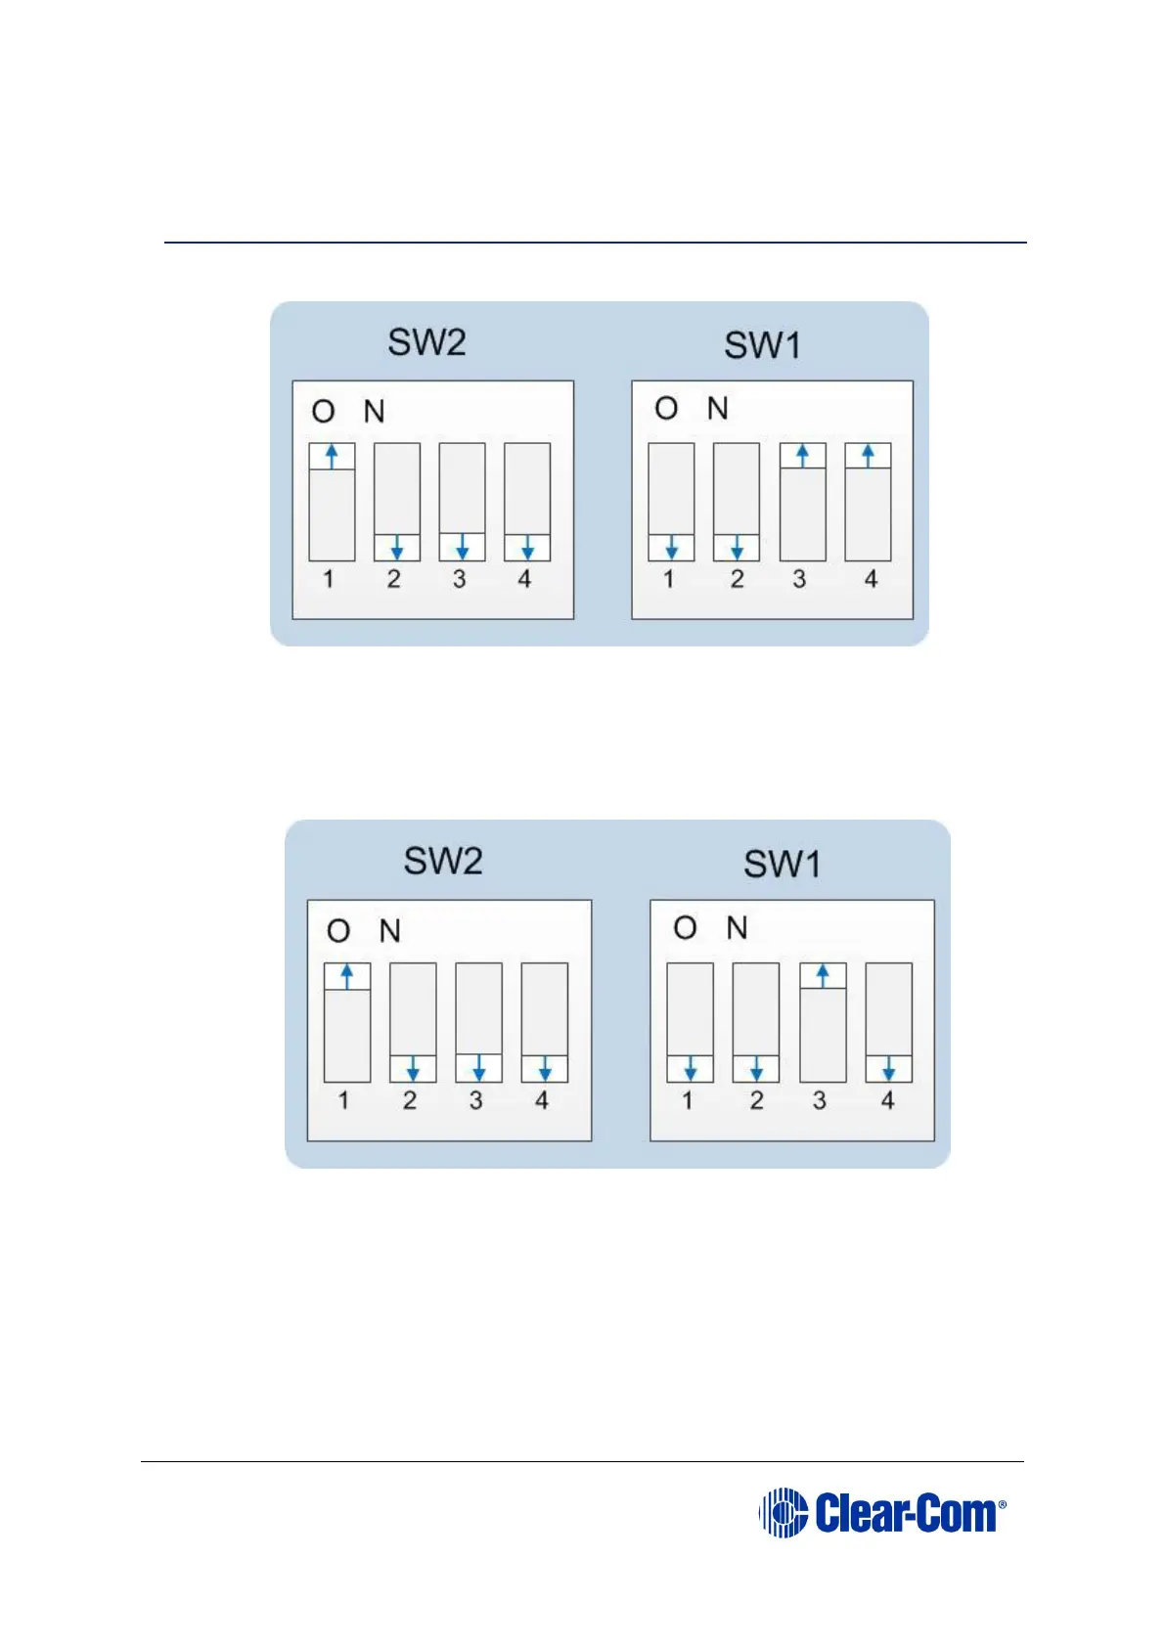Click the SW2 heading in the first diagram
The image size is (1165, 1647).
(426, 342)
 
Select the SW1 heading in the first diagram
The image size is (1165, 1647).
(762, 345)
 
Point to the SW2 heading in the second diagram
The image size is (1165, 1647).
(443, 861)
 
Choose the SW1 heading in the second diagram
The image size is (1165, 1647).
(782, 864)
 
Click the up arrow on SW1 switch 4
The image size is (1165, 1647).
(868, 456)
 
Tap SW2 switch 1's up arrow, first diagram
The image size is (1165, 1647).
(332, 457)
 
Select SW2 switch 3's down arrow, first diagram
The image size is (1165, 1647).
(462, 547)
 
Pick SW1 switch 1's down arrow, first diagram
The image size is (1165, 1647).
(671, 548)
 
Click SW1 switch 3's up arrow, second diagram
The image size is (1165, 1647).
(823, 976)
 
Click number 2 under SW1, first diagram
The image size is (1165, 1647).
(737, 579)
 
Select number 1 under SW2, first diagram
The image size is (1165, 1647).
(329, 579)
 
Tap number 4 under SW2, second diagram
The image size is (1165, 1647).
(542, 1100)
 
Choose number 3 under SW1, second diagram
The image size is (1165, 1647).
(820, 1100)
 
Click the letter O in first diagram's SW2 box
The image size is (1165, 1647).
(323, 412)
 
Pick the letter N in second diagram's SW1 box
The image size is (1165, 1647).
(738, 927)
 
